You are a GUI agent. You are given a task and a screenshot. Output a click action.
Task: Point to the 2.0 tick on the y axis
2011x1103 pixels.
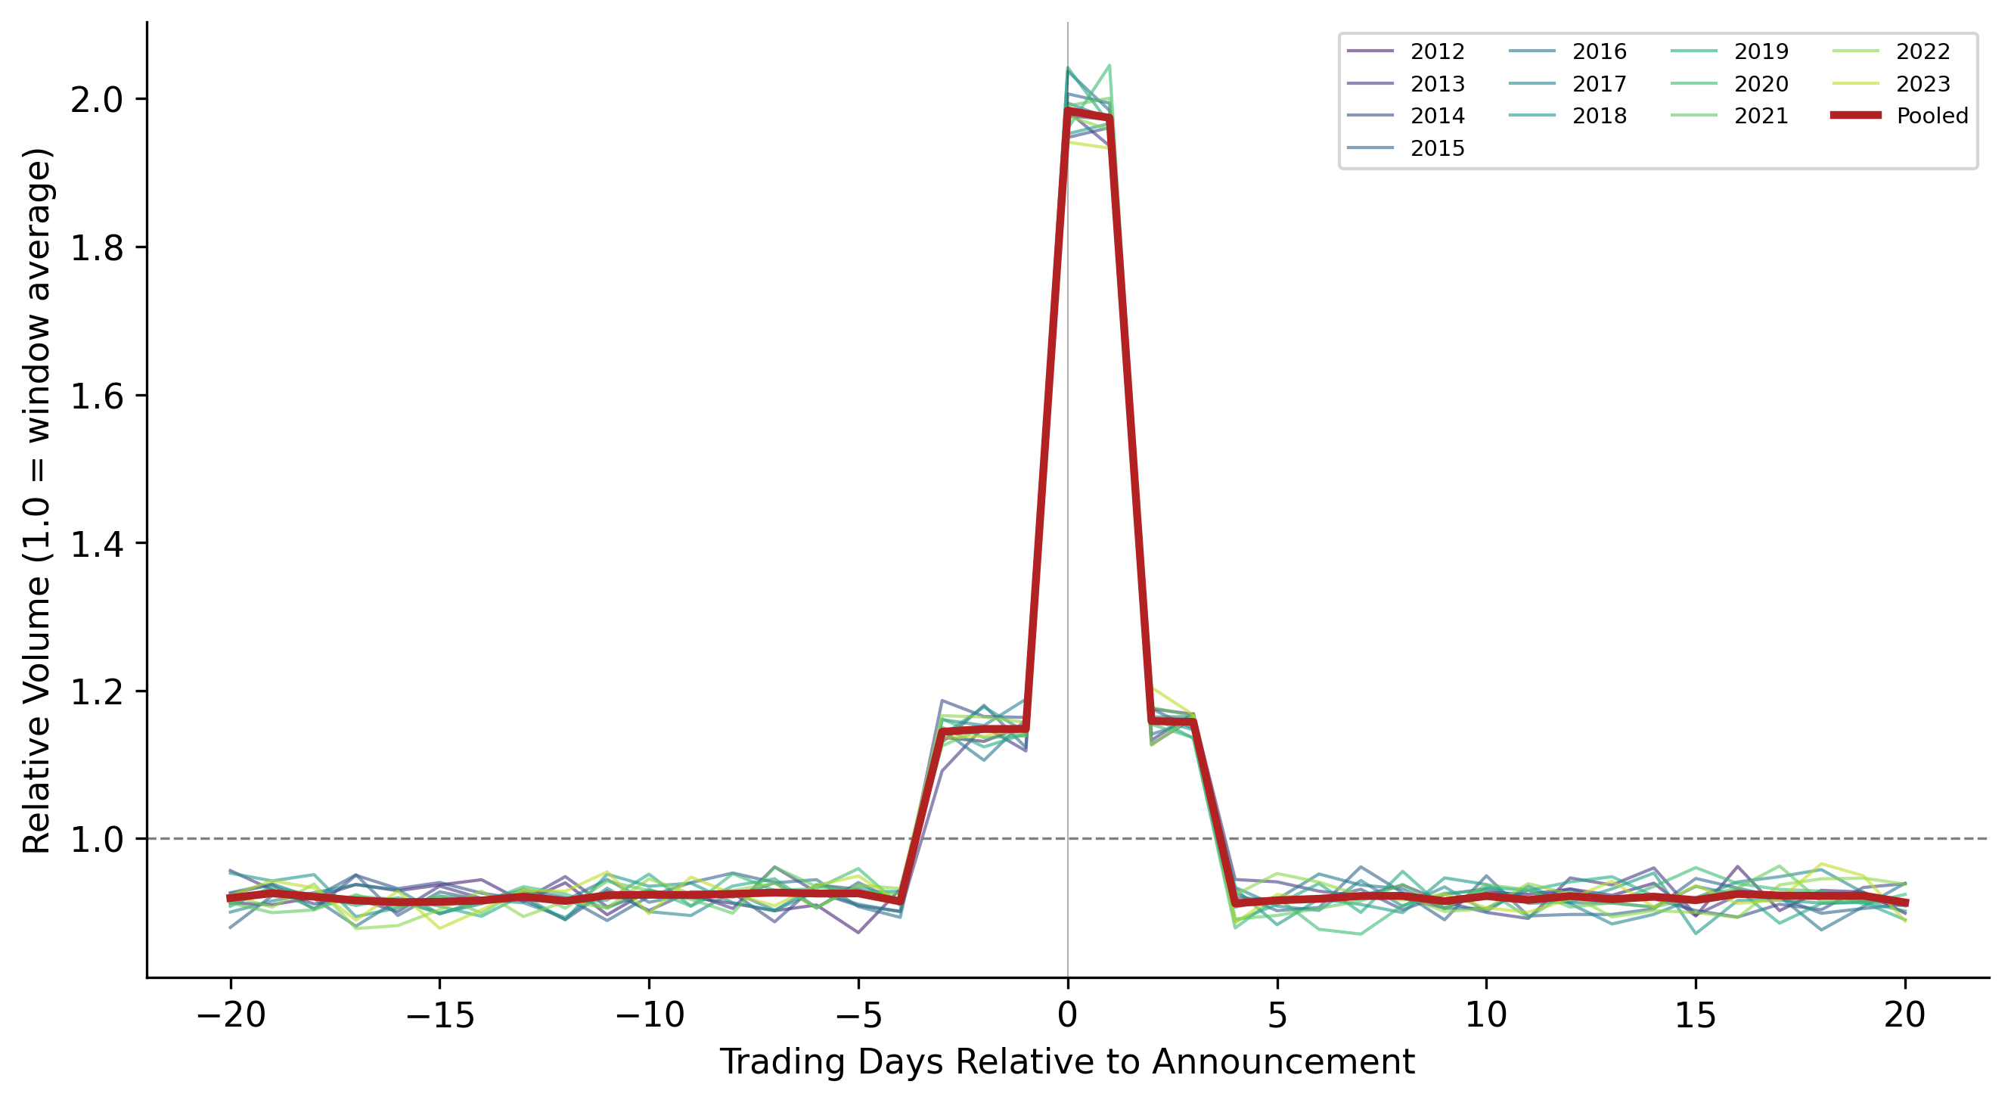[x=98, y=100]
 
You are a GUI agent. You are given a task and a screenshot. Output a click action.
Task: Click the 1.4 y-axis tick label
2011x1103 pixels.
[x=98, y=544]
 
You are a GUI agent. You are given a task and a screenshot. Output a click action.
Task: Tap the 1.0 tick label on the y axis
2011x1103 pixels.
[x=98, y=840]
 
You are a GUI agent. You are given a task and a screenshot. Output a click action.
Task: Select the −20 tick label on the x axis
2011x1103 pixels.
[x=231, y=1015]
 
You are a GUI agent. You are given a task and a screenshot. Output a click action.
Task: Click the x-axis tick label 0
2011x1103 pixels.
[x=1067, y=1015]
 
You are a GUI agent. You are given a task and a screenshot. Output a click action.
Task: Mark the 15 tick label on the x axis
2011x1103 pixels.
[x=1695, y=1015]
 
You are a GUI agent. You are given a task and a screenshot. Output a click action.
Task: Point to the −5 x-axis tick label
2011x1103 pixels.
[x=858, y=1015]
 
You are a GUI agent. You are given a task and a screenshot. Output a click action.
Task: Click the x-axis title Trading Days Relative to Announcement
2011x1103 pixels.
[x=1066, y=1062]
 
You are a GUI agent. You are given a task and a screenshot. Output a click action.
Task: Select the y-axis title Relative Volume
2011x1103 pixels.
[x=37, y=500]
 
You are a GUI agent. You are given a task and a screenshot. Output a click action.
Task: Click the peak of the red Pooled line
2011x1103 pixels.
[x=1068, y=112]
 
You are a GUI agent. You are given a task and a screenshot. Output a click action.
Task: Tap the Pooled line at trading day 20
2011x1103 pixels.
[x=1905, y=903]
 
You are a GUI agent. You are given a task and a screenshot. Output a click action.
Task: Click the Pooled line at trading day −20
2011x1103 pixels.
[x=231, y=898]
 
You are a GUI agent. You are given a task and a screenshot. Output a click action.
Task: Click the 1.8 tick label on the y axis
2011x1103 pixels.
[x=98, y=247]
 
